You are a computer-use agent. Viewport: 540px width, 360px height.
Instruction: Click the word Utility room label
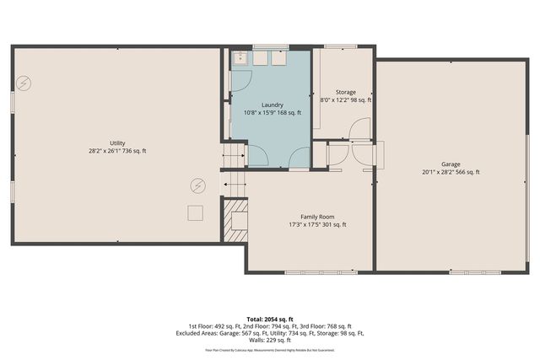pyautogui.click(x=116, y=142)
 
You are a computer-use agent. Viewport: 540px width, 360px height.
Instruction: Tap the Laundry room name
pyautogui.click(x=272, y=105)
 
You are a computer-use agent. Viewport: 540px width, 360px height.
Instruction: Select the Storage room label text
pyautogui.click(x=345, y=92)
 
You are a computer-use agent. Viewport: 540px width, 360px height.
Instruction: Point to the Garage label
pyautogui.click(x=451, y=164)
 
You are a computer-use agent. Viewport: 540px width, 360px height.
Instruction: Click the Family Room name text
pyautogui.click(x=306, y=217)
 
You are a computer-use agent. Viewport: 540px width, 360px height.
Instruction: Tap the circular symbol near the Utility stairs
pyautogui.click(x=197, y=185)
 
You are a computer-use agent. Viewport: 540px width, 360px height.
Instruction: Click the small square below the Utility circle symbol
pyautogui.click(x=196, y=212)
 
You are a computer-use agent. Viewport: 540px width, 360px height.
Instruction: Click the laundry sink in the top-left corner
pyautogui.click(x=240, y=57)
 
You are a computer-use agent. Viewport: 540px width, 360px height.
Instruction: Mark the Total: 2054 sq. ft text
pyautogui.click(x=269, y=319)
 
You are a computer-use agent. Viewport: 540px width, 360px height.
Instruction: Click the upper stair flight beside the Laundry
pyautogui.click(x=234, y=154)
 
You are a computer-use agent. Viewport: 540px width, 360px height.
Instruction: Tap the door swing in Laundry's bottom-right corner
pyautogui.click(x=299, y=157)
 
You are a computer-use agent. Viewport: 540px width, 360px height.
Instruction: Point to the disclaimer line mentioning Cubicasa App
pyautogui.click(x=269, y=348)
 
